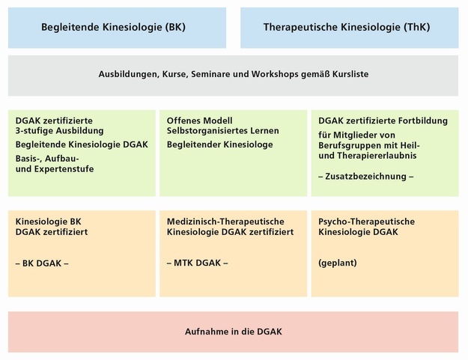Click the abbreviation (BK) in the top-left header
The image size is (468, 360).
172,27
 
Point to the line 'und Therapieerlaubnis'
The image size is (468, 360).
367,156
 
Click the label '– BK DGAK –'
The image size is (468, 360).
42,264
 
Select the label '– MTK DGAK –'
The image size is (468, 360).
197,263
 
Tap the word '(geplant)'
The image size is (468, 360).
338,264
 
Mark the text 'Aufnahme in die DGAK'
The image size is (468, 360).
234,332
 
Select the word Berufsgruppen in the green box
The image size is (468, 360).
351,145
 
